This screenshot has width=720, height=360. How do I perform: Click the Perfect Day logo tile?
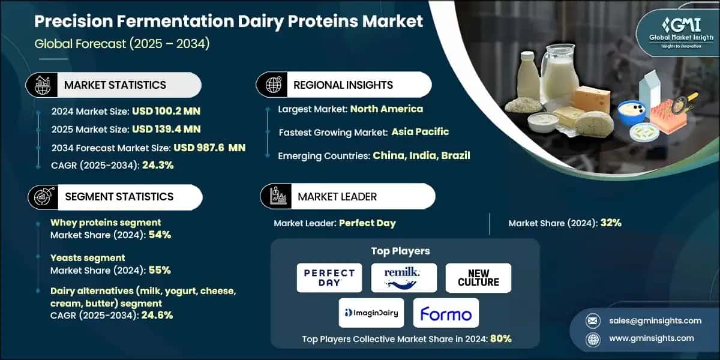(x=329, y=278)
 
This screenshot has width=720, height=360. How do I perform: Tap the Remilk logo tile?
(x=403, y=278)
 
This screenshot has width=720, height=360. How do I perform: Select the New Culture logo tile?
(x=478, y=278)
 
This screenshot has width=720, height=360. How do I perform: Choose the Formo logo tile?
(x=446, y=313)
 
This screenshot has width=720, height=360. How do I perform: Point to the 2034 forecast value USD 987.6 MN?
(x=209, y=147)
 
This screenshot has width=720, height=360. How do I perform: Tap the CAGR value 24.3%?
(x=158, y=165)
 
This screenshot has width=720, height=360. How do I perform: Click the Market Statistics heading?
(x=115, y=85)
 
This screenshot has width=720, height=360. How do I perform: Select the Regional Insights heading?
(x=343, y=85)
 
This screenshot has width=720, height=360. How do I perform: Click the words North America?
(x=386, y=109)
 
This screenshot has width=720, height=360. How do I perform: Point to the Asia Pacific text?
(x=420, y=132)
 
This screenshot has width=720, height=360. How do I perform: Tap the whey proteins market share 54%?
(x=160, y=235)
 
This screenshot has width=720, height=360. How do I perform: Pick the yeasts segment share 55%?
(x=160, y=270)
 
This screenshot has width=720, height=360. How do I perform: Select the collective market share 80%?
(x=500, y=338)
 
